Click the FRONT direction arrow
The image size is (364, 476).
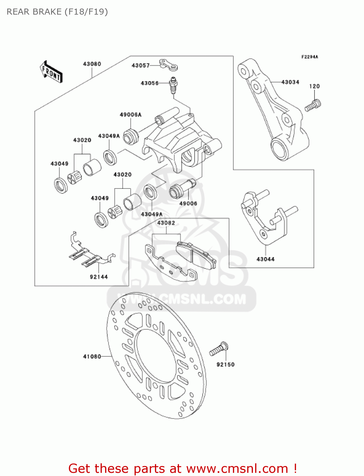coord(51,72)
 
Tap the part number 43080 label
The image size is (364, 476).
coord(92,64)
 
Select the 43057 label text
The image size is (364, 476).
coord(141,66)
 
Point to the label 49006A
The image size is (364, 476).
coord(130,115)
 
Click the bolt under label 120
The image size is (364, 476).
coord(313,105)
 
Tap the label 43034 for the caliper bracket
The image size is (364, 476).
coord(290,82)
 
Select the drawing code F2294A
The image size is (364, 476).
coord(309,57)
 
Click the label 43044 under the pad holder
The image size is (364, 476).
coord(265,259)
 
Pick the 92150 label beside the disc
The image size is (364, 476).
coord(225,365)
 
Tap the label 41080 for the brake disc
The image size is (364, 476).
coord(92,357)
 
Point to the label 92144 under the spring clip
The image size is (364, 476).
coord(99,277)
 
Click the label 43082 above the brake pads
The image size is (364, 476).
coord(166,223)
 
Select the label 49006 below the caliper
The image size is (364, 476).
coord(188,203)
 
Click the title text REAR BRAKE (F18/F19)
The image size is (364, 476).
coord(57,12)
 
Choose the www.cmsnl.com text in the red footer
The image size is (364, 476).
coord(237,469)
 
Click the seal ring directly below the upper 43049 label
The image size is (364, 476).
coord(60,186)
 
